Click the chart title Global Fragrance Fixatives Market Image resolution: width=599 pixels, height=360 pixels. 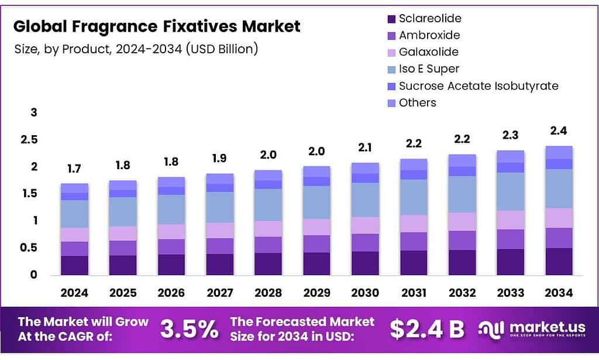(157, 26)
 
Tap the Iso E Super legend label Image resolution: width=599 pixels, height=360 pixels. (429, 69)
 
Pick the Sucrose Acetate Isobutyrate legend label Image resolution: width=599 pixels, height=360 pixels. (478, 86)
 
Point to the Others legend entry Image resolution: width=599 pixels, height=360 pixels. (417, 103)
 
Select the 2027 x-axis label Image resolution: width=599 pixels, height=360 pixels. (219, 293)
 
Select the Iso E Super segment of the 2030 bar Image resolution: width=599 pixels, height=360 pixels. (365, 200)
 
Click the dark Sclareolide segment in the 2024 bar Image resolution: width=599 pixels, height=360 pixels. (74, 265)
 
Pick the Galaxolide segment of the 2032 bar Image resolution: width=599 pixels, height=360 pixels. (463, 221)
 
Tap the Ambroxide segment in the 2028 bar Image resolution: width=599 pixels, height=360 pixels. (268, 245)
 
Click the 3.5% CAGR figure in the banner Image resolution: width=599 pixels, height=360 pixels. (190, 330)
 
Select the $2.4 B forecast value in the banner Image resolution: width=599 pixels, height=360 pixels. (427, 330)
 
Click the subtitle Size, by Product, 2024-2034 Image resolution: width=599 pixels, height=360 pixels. (136, 49)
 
